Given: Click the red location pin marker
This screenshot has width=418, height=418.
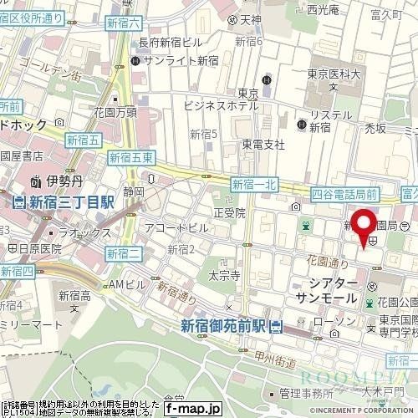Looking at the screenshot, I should [364, 227].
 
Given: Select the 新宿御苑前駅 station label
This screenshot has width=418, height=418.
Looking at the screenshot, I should [225, 326].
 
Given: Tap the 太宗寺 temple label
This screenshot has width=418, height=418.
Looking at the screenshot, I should [225, 274].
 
